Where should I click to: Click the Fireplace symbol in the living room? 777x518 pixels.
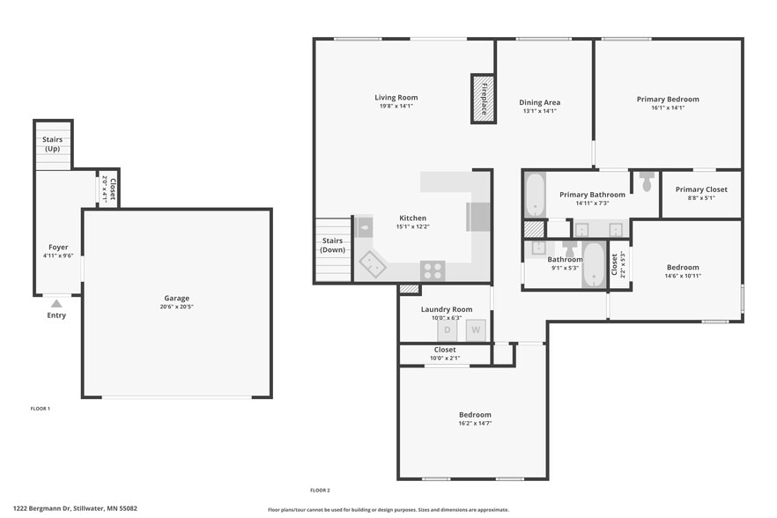click(482, 99)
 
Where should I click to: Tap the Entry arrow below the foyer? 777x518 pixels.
click(56, 304)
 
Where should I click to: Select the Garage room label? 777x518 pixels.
click(176, 298)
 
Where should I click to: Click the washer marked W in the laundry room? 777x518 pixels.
click(476, 329)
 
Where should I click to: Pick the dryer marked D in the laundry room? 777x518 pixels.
click(447, 329)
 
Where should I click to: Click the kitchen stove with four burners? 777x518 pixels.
click(432, 270)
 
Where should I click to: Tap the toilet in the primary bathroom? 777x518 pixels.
click(647, 181)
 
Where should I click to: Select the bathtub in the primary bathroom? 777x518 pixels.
click(535, 195)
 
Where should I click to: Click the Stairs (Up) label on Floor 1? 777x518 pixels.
click(52, 144)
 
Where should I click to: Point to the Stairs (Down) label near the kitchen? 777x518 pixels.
click(332, 245)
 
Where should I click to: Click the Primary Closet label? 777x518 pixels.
click(701, 189)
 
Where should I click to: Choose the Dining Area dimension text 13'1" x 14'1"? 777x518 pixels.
click(539, 111)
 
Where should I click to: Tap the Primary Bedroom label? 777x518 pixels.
click(668, 100)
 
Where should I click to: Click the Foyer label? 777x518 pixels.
click(58, 248)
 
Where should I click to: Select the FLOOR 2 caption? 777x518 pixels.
click(320, 490)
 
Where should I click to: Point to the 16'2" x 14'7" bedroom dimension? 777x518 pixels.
click(475, 423)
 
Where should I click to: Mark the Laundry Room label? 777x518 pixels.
click(447, 309)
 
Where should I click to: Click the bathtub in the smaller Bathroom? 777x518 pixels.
click(595, 263)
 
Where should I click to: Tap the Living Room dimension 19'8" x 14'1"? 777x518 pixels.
click(396, 106)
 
